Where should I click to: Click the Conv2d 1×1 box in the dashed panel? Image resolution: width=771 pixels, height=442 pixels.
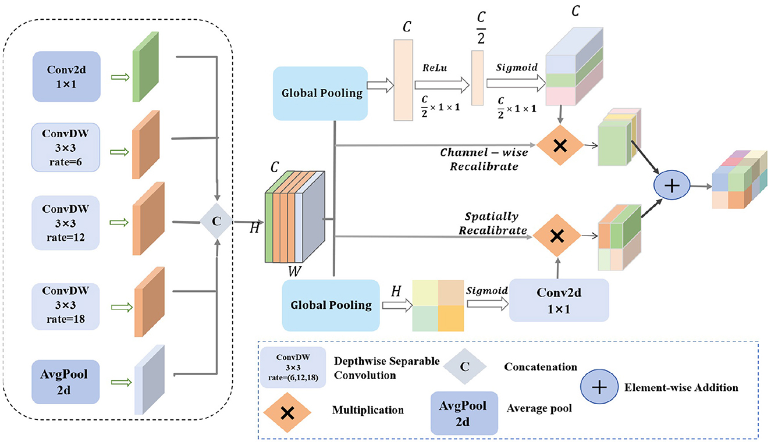(67, 70)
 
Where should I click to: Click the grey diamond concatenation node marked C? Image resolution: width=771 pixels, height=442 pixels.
(216, 222)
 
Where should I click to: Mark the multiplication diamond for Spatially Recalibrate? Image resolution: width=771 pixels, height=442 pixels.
(557, 235)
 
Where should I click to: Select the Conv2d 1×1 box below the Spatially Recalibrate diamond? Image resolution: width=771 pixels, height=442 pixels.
(559, 300)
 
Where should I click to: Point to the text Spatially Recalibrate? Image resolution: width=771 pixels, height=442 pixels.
(492, 223)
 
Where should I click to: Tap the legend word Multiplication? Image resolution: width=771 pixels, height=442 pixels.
(368, 410)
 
